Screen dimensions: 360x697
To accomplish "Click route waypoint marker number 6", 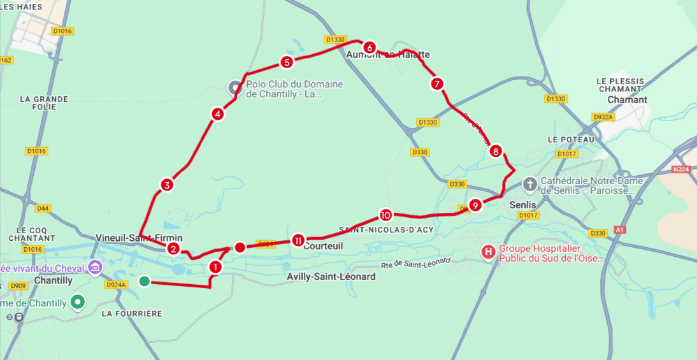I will (369, 47).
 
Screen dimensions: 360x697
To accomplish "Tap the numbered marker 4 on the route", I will (218, 115).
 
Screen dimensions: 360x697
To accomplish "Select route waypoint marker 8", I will (496, 151).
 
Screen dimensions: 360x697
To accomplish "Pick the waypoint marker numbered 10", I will (385, 215).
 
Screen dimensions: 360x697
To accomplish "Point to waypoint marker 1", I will (215, 267).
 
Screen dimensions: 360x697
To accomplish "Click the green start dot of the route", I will (145, 281).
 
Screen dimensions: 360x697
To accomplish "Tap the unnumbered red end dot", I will (240, 247).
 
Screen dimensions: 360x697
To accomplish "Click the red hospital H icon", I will (489, 252).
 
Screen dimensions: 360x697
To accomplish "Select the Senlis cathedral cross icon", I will (529, 185).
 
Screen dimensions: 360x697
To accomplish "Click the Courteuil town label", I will (324, 246).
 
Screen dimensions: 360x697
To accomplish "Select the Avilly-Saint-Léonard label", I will (331, 277).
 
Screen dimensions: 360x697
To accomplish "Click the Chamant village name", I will (627, 99).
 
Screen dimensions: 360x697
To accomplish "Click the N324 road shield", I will (681, 169).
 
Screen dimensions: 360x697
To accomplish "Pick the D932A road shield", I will (602, 117).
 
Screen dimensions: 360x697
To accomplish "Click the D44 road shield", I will (43, 208).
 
